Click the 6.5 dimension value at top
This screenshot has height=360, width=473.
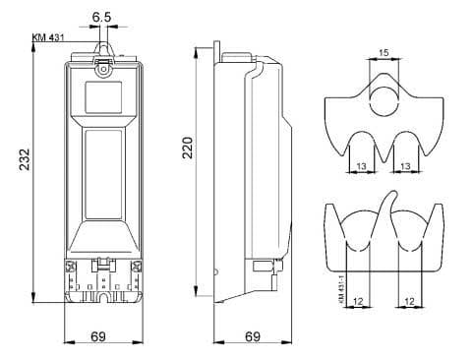click(x=101, y=17)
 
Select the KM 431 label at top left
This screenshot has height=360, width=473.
click(x=48, y=37)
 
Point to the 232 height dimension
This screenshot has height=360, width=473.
click(x=25, y=159)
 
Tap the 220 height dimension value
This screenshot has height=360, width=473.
click(x=188, y=148)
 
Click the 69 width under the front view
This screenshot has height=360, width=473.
click(x=98, y=336)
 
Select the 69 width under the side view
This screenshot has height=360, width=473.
click(x=253, y=336)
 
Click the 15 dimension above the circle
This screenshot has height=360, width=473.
click(x=384, y=52)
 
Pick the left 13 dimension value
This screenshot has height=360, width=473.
click(x=361, y=166)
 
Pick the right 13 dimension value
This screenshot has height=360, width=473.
click(x=405, y=166)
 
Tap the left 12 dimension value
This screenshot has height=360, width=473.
click(x=359, y=301)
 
